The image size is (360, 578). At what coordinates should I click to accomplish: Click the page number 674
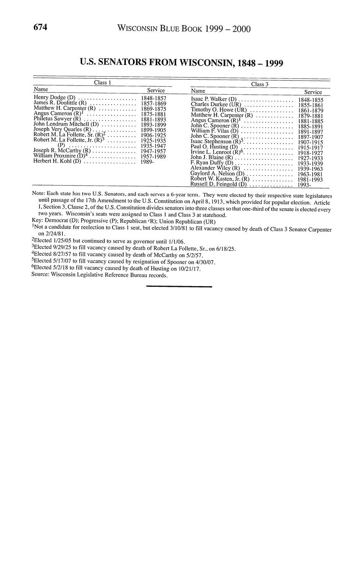40,27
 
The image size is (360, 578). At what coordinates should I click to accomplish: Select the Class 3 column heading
260,84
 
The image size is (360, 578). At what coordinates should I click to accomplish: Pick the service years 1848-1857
153,98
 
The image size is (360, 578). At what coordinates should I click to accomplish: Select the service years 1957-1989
153,156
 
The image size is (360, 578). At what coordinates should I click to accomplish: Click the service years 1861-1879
311,111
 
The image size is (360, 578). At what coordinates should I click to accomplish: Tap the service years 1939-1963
310,169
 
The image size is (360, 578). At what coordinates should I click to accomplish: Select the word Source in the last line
40,275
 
